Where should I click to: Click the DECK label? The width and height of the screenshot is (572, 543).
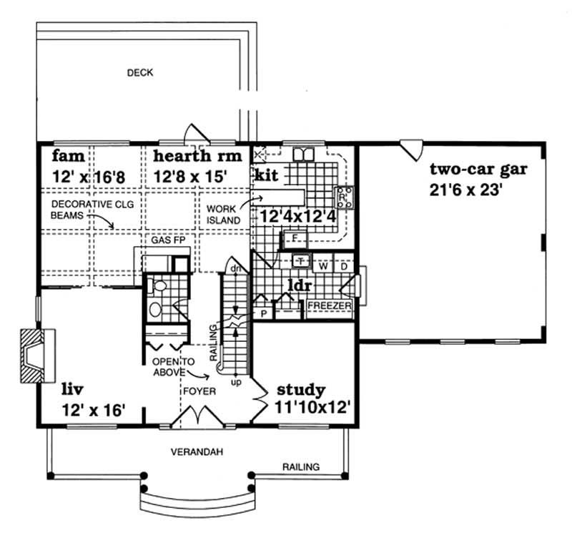pyautogui.click(x=140, y=72)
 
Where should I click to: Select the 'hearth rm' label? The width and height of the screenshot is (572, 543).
pyautogui.click(x=192, y=156)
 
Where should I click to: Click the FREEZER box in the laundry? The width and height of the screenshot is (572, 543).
pyautogui.click(x=329, y=306)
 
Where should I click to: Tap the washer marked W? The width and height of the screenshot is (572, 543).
pyautogui.click(x=322, y=266)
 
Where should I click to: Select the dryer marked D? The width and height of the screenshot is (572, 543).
pyautogui.click(x=344, y=266)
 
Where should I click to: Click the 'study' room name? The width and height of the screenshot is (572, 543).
pyautogui.click(x=301, y=390)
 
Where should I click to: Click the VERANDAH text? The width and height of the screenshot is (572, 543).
pyautogui.click(x=193, y=451)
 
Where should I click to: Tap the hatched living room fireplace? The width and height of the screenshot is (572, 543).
pyautogui.click(x=32, y=356)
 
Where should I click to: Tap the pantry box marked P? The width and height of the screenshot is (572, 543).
pyautogui.click(x=263, y=313)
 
